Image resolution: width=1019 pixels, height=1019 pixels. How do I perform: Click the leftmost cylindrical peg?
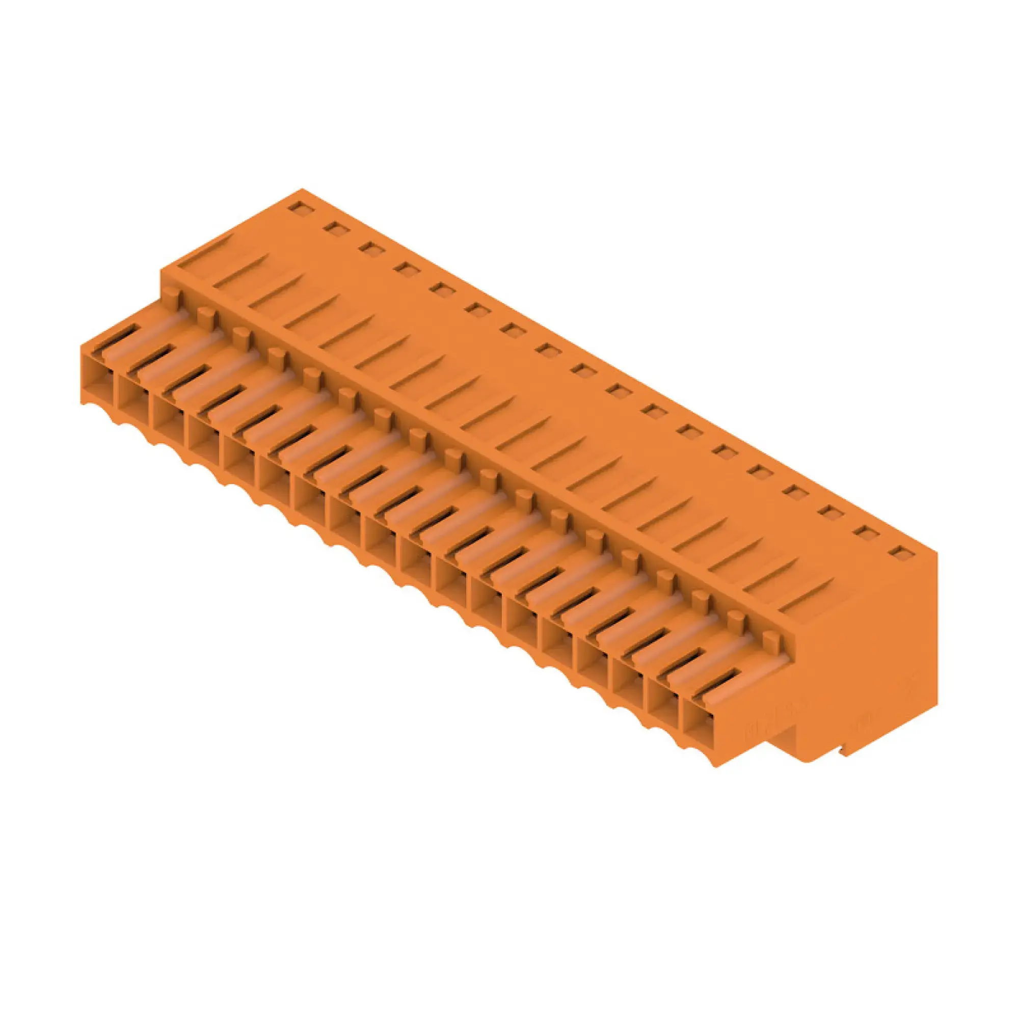click(x=170, y=295)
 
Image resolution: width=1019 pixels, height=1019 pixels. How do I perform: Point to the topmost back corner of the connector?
click(x=302, y=189)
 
